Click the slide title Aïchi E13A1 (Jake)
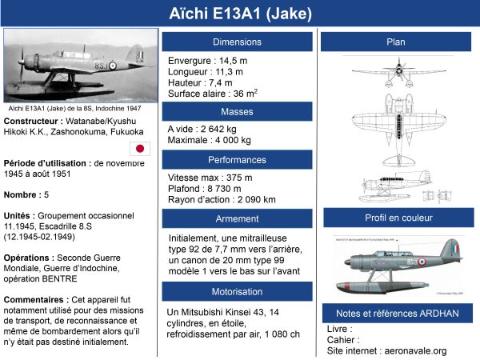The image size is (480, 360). coord(240,14)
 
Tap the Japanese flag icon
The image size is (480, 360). coord(140,148)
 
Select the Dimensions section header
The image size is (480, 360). coord(237,42)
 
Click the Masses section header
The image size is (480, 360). coord(237,111)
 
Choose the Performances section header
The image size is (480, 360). coord(237,160)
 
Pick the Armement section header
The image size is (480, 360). coord(237,218)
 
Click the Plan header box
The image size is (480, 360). coord(396,42)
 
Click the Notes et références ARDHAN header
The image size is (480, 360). coord(396,313)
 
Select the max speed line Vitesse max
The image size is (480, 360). coord(210,178)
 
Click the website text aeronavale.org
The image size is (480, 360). coord(414,350)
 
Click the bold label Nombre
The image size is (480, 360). coord(22,194)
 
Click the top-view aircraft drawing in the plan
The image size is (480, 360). coord(398,76)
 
